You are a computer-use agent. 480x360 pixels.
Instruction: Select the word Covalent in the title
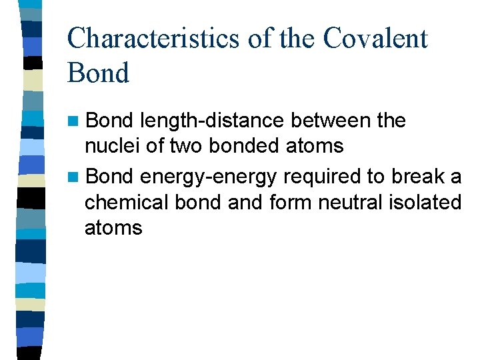(x=375, y=38)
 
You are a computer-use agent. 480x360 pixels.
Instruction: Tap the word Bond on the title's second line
(x=98, y=73)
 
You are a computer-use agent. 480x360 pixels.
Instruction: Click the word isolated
(x=427, y=201)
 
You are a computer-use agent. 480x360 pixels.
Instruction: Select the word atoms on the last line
(x=113, y=228)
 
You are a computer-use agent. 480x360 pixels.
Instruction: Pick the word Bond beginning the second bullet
(x=110, y=177)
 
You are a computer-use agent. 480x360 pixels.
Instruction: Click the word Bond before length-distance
(x=110, y=121)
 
